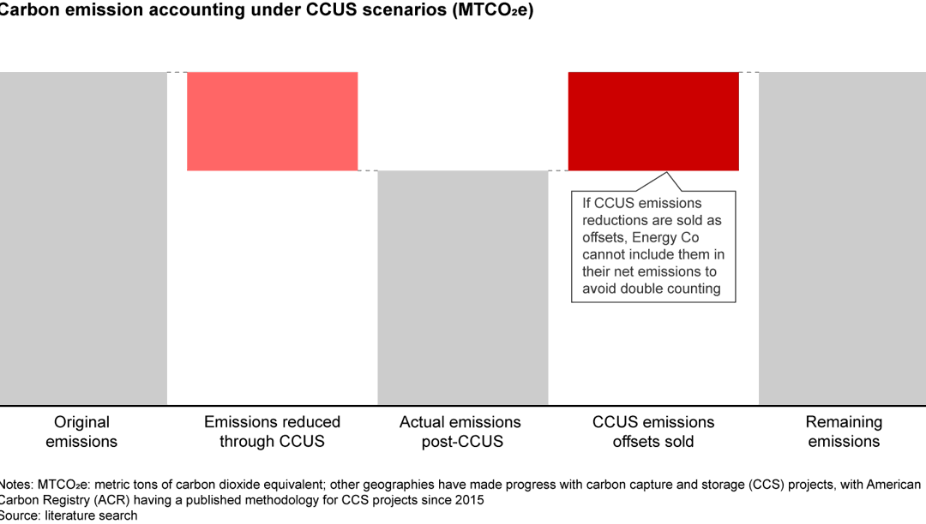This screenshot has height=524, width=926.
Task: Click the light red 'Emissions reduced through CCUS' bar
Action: (272, 121)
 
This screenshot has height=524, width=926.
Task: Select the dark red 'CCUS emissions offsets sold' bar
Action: (653, 121)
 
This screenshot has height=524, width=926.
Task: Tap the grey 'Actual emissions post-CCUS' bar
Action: (463, 288)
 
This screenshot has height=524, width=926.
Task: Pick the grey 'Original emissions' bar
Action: (82, 238)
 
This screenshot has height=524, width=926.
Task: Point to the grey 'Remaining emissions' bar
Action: (843, 238)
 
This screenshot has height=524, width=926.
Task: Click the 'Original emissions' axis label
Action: (81, 432)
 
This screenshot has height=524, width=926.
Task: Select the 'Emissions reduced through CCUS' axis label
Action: (272, 432)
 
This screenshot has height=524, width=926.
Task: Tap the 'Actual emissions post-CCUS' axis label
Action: (461, 432)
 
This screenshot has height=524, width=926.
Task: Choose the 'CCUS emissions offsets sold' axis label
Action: (653, 432)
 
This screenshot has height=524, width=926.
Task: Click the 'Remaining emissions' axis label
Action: (844, 432)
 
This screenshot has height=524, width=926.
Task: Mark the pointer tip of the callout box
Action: (668, 172)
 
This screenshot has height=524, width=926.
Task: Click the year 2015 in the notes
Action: (471, 500)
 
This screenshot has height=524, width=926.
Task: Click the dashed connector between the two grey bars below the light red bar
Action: (368, 171)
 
